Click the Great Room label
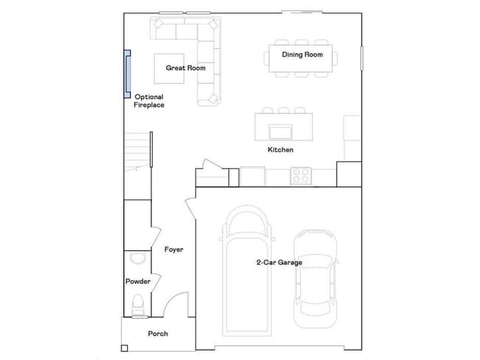point(185,68)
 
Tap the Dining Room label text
point(302,55)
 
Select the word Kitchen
point(281,150)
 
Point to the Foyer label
point(174,249)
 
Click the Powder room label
point(138,281)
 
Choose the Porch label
point(157,333)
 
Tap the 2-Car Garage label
point(279,263)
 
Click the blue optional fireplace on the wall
point(127,74)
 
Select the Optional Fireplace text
point(148,101)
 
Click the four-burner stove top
point(301,176)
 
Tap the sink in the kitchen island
point(281,132)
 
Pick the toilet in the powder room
point(137,305)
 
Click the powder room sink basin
point(137,258)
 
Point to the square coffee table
point(169,69)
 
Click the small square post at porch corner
point(124,348)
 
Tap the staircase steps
point(137,151)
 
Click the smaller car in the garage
point(315,279)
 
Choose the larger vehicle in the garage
point(247,271)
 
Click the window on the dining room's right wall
point(362,58)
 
